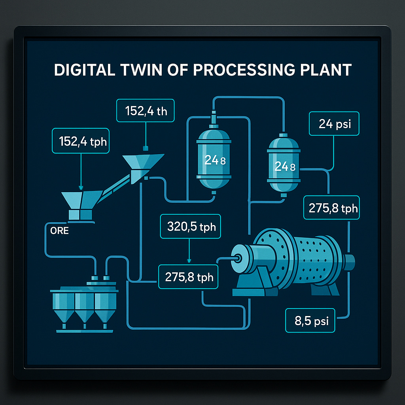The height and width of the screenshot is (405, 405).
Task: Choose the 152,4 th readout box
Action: coord(146,111)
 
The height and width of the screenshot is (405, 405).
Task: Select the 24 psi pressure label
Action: coord(335,124)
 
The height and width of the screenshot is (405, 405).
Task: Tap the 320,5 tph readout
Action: coord(191,227)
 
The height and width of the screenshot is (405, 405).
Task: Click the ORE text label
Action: coord(59,231)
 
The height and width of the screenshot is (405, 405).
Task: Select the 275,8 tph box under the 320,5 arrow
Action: coord(189,277)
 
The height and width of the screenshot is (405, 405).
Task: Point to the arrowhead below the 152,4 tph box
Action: coord(81,187)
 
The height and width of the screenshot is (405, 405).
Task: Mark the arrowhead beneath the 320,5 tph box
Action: coord(189,261)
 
